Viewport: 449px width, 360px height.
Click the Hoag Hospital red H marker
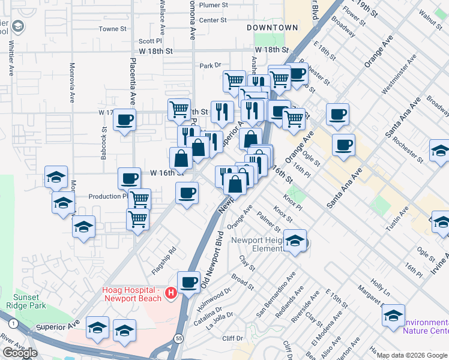[x=171, y=293]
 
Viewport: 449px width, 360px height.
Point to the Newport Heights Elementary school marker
[x=295, y=241]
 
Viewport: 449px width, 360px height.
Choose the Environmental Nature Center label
[x=426, y=326]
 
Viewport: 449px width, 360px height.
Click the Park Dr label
[x=211, y=65]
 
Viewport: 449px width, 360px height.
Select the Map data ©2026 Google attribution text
[x=412, y=355]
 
